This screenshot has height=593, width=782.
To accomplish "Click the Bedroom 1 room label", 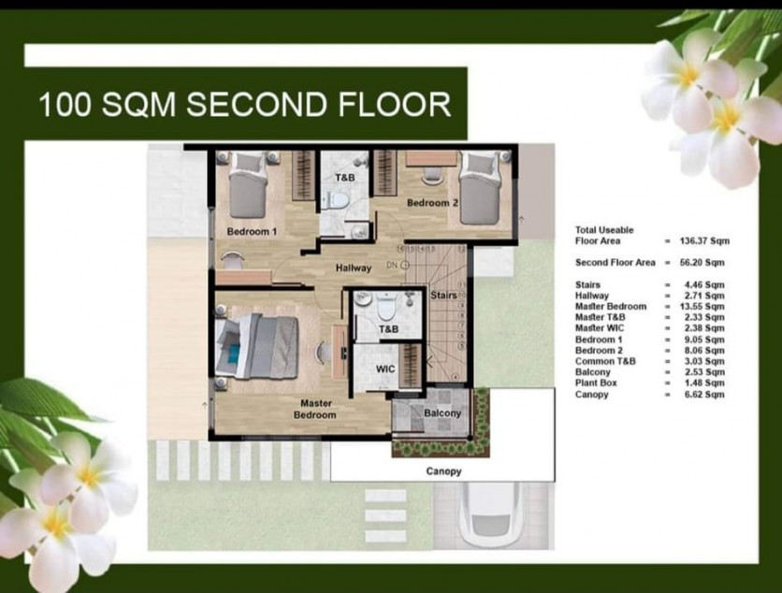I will coord(252,231).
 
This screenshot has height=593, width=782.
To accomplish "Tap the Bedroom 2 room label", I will coord(431,203).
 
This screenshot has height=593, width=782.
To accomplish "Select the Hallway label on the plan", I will coord(354,268).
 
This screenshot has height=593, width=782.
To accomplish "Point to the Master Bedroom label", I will coord(315,409).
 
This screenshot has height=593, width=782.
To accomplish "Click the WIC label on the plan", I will coord(385,369).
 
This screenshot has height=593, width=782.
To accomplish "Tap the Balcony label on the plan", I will coord(442,413).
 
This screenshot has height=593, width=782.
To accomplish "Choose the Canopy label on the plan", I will coord(443,471).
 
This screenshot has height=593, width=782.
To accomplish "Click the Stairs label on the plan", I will coord(443,296).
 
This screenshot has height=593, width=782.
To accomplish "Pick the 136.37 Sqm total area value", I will coord(703,240).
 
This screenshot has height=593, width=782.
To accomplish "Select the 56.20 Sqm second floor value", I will coord(702,263).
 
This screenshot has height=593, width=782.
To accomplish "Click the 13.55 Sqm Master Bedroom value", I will coord(702,306).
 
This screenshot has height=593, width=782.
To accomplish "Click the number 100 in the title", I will coord(68,104).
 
